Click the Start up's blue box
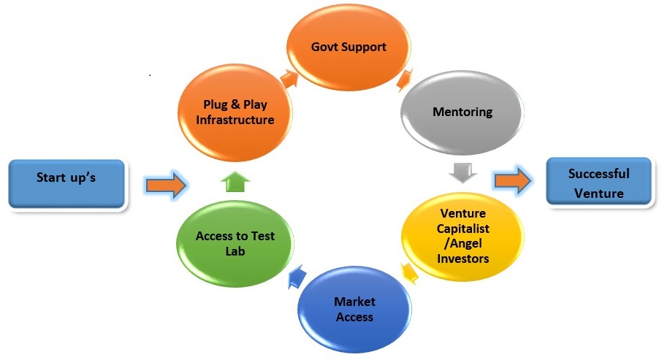[66, 178]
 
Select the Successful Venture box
[598, 183]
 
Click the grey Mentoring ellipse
[462, 112]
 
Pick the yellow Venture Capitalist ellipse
[464, 235]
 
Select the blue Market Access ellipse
[354, 310]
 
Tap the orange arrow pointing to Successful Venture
[511, 183]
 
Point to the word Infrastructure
[235, 119]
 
